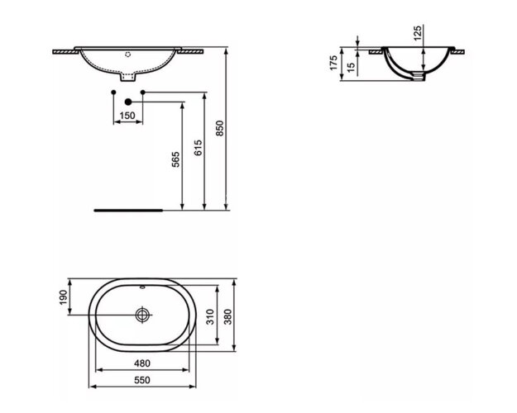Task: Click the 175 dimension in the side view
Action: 334,64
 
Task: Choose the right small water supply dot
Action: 144,91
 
